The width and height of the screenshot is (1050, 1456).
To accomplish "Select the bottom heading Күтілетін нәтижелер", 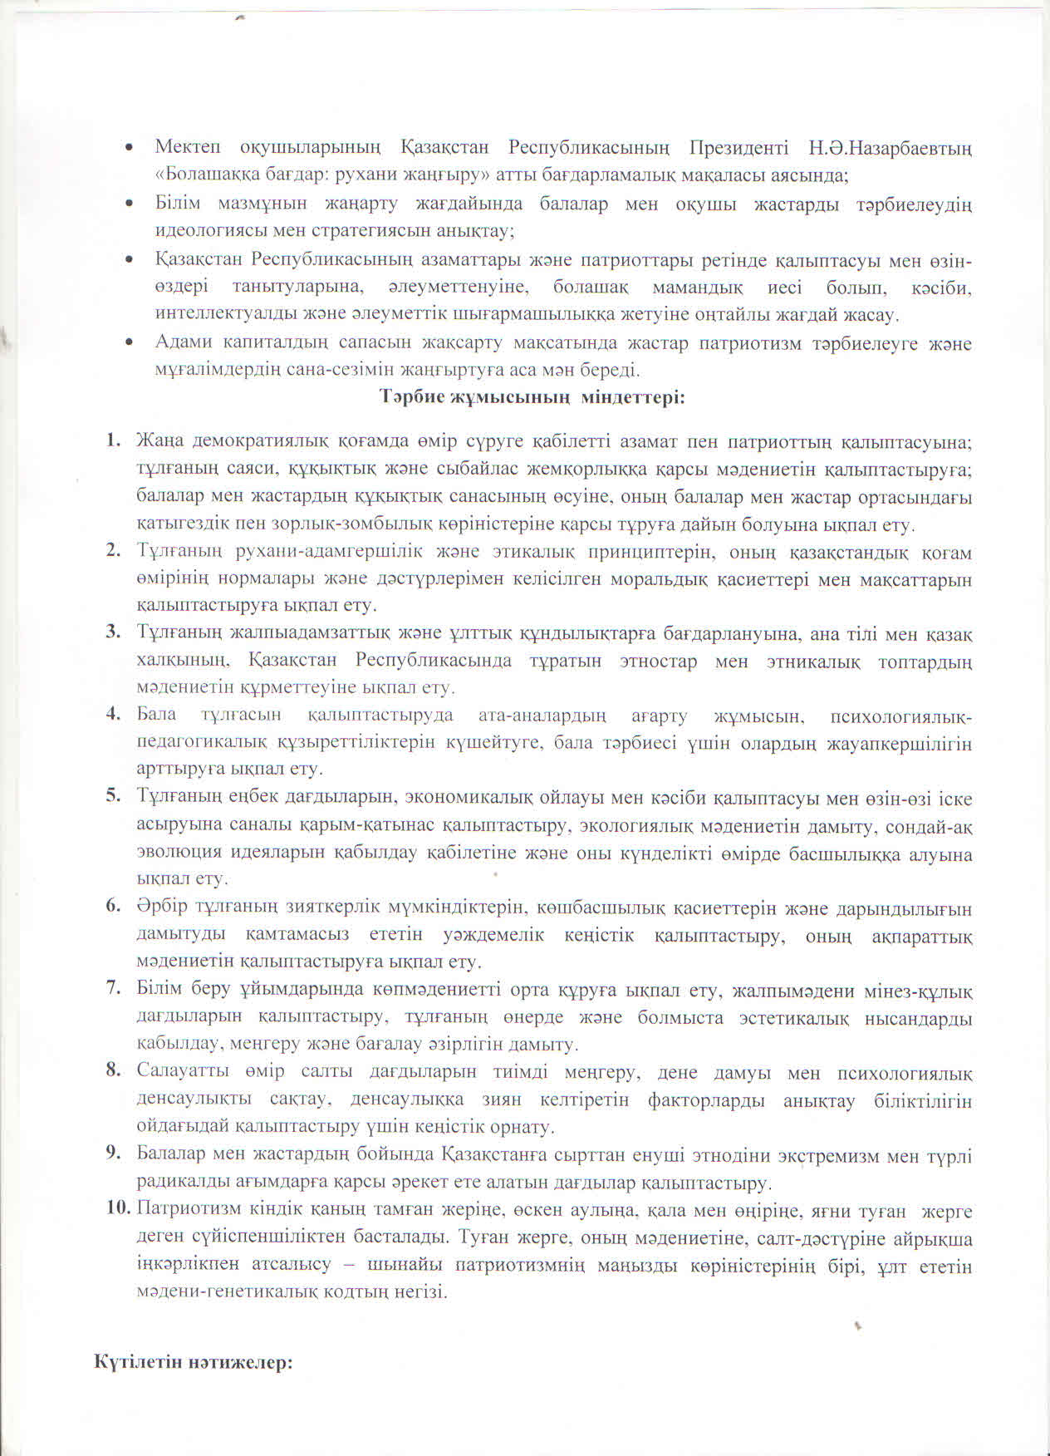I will (x=194, y=1364).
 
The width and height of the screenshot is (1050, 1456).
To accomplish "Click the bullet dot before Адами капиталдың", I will (x=129, y=342).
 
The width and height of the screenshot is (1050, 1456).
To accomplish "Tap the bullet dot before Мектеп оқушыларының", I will (x=129, y=149).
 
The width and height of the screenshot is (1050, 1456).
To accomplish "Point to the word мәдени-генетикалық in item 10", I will (x=218, y=1293).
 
